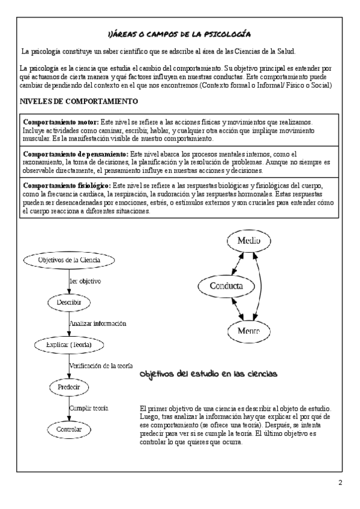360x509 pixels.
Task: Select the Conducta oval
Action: (226, 286)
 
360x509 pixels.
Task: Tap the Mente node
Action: (248, 331)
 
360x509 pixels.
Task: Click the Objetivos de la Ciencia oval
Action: (69, 260)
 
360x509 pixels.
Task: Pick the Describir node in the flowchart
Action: (69, 302)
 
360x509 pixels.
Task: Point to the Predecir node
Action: (69, 387)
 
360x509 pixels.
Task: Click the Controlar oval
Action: (69, 430)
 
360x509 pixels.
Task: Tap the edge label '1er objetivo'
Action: (85, 281)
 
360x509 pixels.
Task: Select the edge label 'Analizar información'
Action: (98, 324)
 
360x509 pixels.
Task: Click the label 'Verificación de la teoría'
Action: (100, 366)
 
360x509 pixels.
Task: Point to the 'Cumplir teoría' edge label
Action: (89, 408)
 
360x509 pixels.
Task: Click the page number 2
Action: (340, 483)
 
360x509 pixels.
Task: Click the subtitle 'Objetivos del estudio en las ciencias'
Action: (208, 374)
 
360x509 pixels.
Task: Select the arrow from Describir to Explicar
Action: (69, 324)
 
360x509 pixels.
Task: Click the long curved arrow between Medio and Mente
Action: (262, 286)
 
